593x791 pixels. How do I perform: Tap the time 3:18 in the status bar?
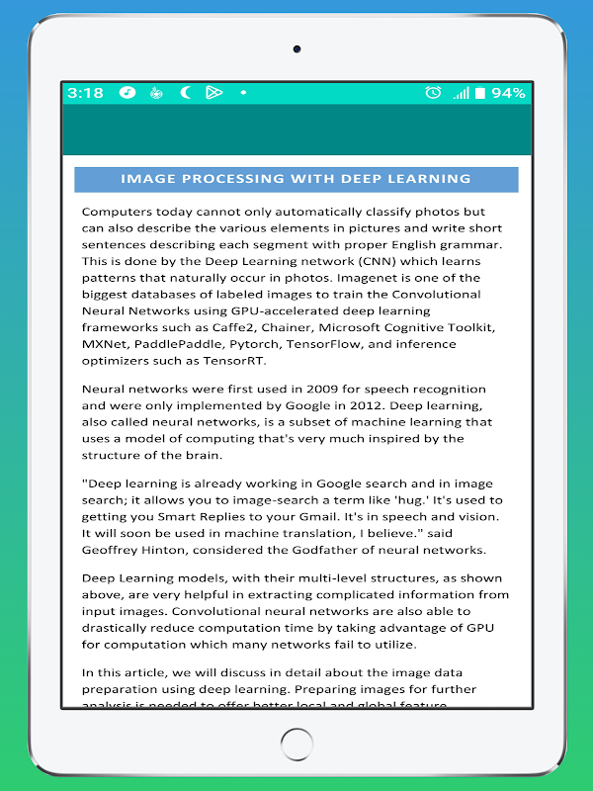click(85, 93)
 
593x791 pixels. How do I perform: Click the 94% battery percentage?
click(508, 93)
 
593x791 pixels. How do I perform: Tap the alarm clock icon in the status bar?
click(433, 93)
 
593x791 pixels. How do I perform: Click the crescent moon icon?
click(185, 93)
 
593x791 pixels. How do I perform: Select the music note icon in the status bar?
click(127, 93)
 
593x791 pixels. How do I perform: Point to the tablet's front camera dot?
click(296, 48)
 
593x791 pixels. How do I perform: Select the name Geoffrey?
click(113, 550)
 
